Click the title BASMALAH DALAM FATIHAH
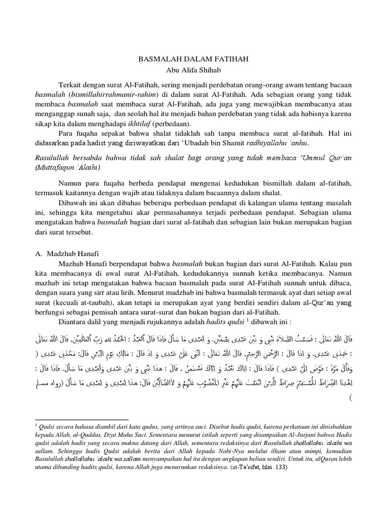click(193, 59)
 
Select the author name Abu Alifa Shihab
click(193, 70)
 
